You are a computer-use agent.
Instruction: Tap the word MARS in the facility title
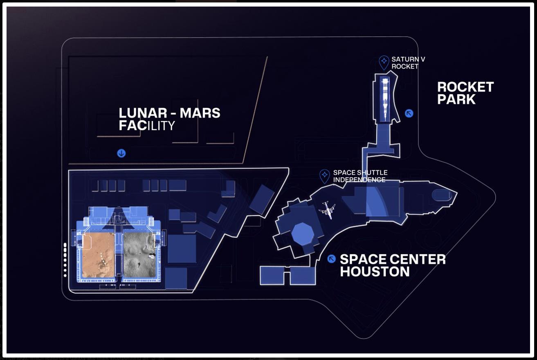200,113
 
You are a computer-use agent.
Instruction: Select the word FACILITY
146,126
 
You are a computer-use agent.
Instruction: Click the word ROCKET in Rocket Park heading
465,87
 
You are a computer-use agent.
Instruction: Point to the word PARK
456,99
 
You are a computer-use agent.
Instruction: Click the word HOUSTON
375,272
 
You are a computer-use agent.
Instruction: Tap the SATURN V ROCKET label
405,63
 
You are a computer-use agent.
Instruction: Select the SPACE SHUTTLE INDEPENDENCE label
360,176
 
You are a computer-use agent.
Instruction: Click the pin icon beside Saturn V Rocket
384,62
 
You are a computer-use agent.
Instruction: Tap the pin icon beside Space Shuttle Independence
325,176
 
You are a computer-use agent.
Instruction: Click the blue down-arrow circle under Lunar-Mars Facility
121,153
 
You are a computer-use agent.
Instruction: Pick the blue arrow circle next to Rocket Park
409,113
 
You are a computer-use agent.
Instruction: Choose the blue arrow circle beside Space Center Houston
332,259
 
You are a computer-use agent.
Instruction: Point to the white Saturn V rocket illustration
384,98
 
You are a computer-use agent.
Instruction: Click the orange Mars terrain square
98,255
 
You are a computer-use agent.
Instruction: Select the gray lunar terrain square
139,255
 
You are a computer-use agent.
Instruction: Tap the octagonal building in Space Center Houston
303,234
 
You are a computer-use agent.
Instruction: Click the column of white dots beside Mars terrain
65,260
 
